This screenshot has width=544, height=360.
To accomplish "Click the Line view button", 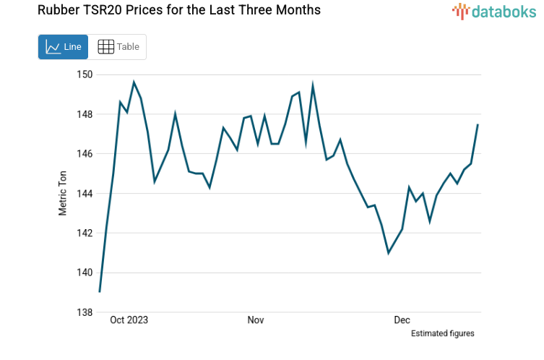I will [x=63, y=47].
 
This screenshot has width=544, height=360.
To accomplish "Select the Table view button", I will [x=118, y=47].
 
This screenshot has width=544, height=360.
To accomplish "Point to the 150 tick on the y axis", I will [x=85, y=74].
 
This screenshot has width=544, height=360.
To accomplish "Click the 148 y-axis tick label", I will [x=85, y=114].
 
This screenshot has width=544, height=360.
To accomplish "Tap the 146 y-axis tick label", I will [x=85, y=154].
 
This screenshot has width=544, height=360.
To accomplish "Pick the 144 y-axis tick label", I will [x=85, y=194].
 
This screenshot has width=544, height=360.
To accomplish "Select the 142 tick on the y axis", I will [x=85, y=233].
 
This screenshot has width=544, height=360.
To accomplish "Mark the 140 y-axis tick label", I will [x=85, y=273].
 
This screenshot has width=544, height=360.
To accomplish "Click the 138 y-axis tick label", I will [x=85, y=312].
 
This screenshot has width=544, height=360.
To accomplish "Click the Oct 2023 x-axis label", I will [x=129, y=320].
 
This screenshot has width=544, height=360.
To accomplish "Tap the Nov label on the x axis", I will [x=256, y=320].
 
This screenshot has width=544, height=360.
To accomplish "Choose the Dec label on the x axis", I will [x=402, y=320].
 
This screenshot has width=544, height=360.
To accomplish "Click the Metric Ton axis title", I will [x=63, y=194].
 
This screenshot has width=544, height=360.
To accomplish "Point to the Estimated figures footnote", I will [x=442, y=333].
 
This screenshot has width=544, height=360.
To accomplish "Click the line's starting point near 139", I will [x=100, y=291].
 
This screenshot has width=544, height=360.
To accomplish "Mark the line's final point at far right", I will [x=478, y=125].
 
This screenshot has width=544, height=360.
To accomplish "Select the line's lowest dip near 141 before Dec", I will [x=389, y=252].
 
